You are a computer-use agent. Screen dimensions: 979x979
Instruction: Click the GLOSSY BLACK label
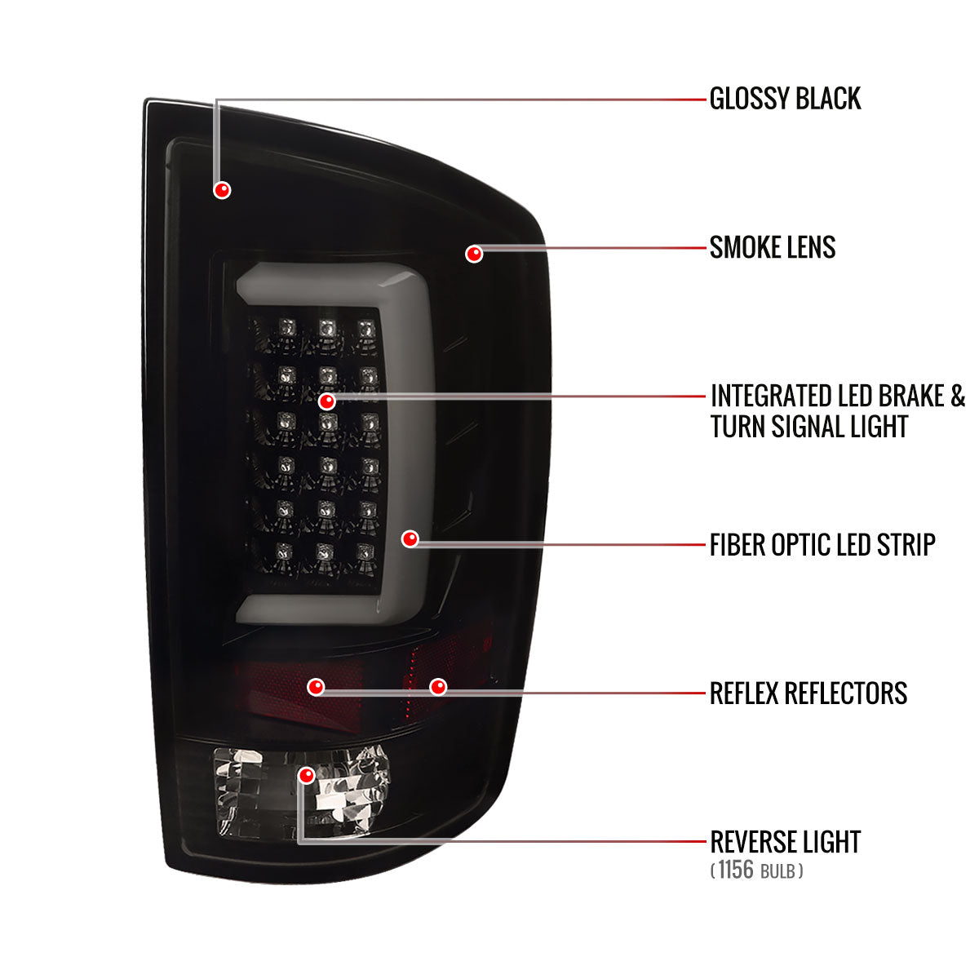point(785,99)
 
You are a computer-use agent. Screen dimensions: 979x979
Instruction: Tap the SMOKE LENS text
point(773,247)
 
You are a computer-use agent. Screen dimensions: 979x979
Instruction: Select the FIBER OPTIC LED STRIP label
point(822,545)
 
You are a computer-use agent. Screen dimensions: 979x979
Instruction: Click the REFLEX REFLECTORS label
point(808,693)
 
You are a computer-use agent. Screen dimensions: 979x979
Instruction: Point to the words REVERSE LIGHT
point(786,842)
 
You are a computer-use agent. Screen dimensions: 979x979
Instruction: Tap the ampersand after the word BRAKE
point(957,396)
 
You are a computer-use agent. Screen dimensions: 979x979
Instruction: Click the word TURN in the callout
point(738,426)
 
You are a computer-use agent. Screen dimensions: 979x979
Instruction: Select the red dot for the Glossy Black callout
point(222,190)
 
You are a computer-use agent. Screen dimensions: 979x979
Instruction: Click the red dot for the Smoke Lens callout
point(474,254)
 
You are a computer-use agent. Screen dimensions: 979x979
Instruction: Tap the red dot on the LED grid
point(327,402)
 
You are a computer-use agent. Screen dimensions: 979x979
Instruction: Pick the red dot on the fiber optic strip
point(410,539)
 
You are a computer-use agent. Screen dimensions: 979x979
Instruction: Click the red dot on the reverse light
point(307,776)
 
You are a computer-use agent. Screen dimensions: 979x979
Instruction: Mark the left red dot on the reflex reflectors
point(316,688)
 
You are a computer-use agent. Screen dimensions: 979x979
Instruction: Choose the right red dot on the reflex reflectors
point(438,688)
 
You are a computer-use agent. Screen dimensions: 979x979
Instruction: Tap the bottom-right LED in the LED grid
point(365,552)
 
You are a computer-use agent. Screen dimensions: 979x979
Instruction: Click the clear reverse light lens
point(301,793)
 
